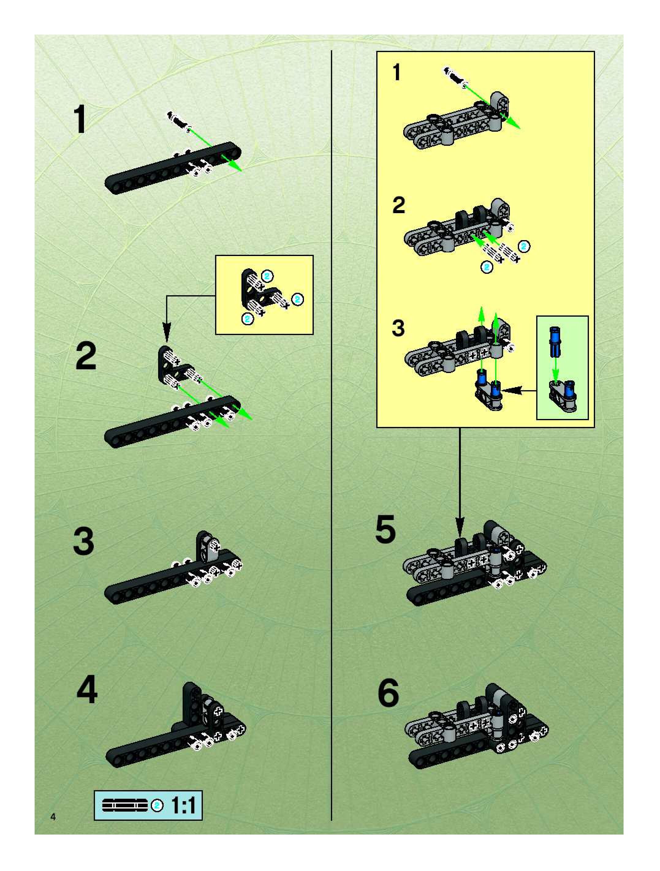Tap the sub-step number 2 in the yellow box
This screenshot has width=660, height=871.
point(399,205)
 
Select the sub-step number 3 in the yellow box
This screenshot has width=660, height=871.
point(398,328)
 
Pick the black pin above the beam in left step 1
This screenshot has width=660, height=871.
point(179,120)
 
